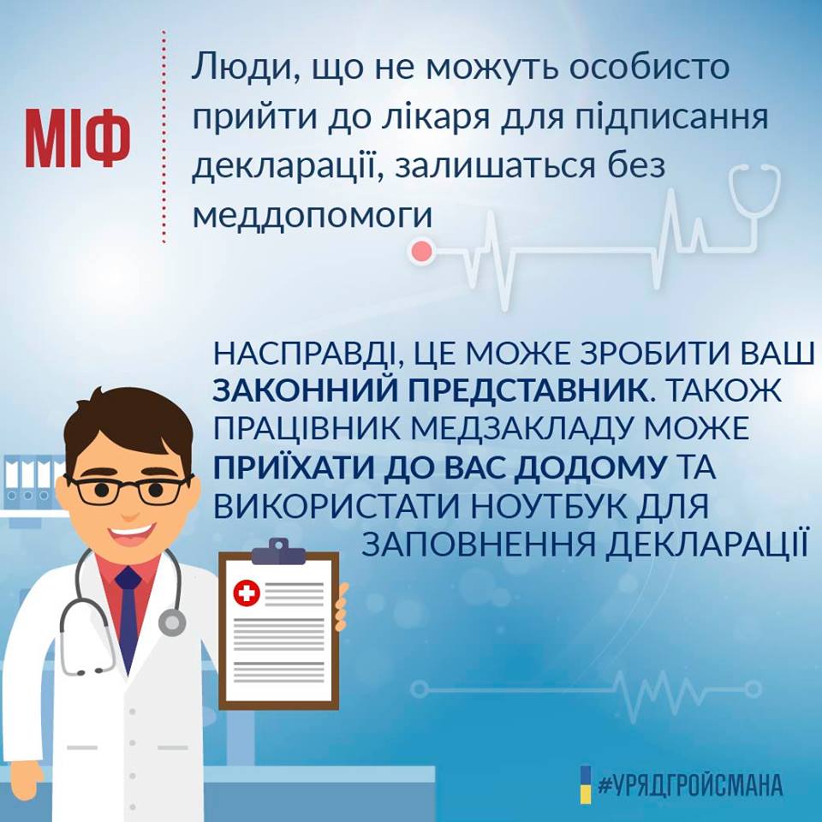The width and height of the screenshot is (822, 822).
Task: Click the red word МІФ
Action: tap(78, 139)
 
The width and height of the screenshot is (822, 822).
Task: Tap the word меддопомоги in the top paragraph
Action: tap(313, 214)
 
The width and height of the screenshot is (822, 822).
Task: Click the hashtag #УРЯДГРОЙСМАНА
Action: tap(690, 785)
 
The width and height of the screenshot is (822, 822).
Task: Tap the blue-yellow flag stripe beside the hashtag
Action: tap(586, 784)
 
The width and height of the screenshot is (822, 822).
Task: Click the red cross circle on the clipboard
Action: tap(247, 593)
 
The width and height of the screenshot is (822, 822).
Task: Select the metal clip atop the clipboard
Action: tap(277, 551)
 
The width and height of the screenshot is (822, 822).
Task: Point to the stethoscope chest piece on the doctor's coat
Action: tap(171, 622)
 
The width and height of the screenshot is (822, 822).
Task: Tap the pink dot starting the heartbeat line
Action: tap(421, 252)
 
